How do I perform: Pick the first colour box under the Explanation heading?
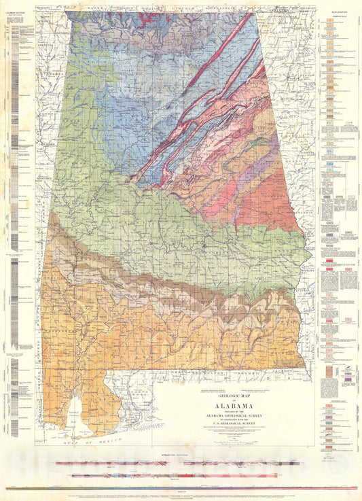tap(329, 20)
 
